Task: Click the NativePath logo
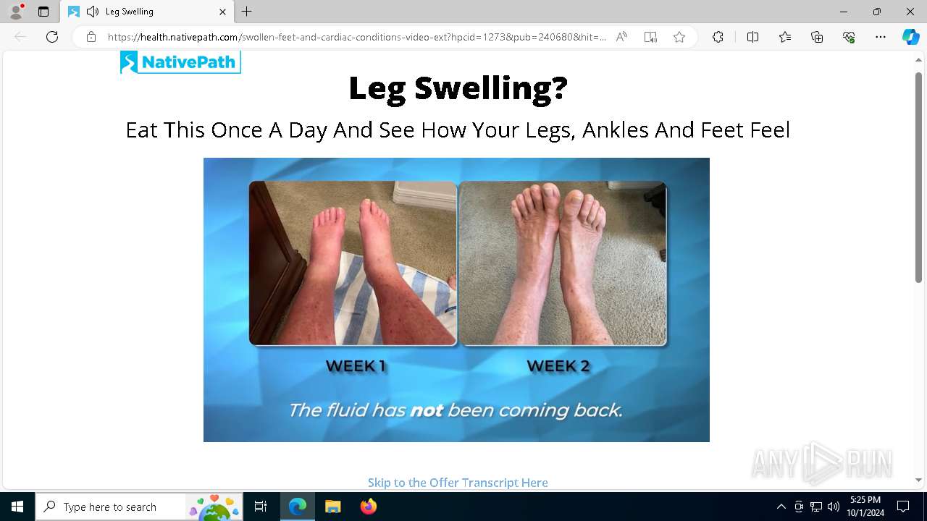click(x=180, y=62)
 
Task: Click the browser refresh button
click(x=52, y=37)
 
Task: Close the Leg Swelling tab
click(x=222, y=12)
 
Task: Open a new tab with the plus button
click(x=247, y=12)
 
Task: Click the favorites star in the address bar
click(x=679, y=37)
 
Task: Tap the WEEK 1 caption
click(x=356, y=366)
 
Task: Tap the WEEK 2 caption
click(x=558, y=366)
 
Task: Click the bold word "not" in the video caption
click(x=427, y=410)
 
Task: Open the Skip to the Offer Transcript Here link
click(x=458, y=483)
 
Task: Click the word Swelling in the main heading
click(x=491, y=88)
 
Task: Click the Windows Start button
click(x=17, y=507)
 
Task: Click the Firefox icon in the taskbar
click(x=369, y=507)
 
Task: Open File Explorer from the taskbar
click(x=332, y=507)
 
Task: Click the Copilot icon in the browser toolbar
click(x=910, y=37)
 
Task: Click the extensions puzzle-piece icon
click(x=718, y=37)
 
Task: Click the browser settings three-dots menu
click(x=880, y=37)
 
